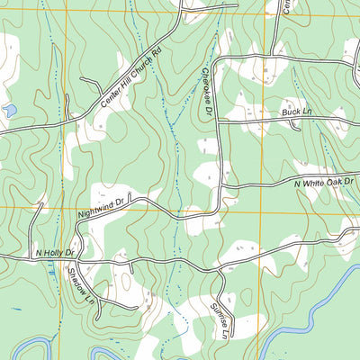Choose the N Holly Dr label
[x=54, y=254]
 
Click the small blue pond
[x=10, y=111]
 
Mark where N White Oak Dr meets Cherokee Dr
[x=220, y=187]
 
